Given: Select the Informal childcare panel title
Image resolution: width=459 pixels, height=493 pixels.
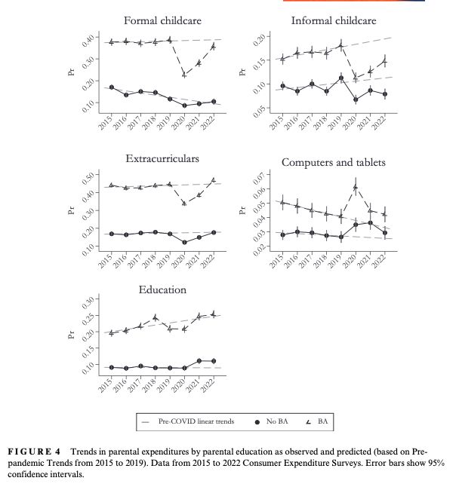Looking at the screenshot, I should coord(333,20).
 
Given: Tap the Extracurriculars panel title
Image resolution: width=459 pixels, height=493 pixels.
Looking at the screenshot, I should coord(162,159).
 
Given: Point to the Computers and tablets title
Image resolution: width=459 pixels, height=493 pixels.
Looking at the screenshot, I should coord(333,162).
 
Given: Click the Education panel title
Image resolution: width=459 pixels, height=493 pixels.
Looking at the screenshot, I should coord(162,289).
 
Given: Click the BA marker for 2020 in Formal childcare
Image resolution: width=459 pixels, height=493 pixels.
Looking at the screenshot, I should coord(184,74).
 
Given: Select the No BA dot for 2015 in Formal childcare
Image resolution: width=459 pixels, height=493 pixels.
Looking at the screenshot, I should coord(112,87).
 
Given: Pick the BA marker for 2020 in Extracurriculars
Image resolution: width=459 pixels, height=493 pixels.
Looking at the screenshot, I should coord(184,203).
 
